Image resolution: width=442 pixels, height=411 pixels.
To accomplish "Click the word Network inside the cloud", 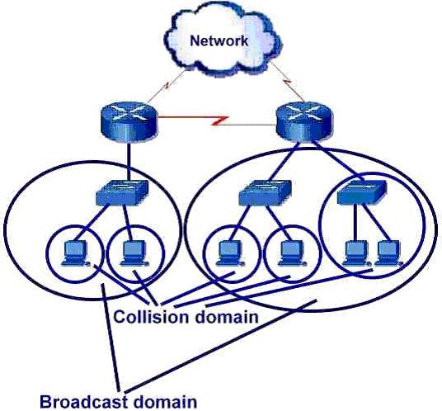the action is point(219,41).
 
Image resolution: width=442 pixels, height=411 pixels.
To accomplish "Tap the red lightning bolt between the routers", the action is point(219,120).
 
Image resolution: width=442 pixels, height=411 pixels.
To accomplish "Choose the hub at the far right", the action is point(362,192).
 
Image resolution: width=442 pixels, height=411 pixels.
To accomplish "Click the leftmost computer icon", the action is point(75,253).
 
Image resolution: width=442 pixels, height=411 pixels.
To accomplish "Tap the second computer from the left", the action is point(134,253).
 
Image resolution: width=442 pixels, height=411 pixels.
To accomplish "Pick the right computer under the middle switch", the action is point(292,253).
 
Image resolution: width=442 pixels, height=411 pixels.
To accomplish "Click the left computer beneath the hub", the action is point(356,253).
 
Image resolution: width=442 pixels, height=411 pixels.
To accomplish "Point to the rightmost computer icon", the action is point(389,253).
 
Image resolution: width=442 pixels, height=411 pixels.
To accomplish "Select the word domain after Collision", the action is point(227,316).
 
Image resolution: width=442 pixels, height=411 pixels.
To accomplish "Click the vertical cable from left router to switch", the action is point(129,162).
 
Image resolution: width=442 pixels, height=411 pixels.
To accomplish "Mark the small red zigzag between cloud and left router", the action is point(167,85).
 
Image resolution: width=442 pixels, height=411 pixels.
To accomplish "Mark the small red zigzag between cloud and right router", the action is point(288,81).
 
